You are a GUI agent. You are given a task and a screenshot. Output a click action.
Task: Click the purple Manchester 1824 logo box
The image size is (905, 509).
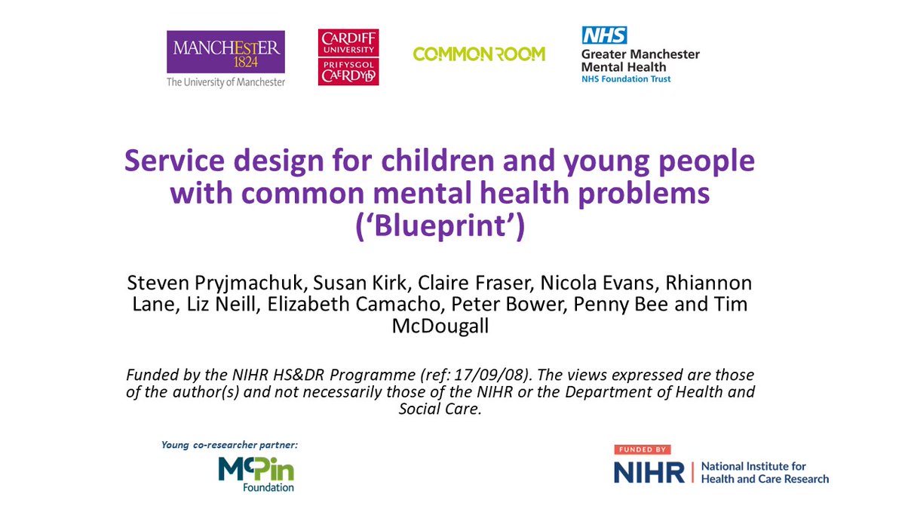[x=226, y=51]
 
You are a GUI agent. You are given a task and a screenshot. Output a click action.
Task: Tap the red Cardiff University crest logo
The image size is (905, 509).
[x=348, y=57]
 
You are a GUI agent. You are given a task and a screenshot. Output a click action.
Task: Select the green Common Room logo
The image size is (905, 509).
[x=479, y=54]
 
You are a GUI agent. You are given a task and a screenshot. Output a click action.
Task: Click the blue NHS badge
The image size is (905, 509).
[x=603, y=35]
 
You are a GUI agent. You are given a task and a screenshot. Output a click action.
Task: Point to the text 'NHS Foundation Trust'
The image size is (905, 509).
[x=625, y=78]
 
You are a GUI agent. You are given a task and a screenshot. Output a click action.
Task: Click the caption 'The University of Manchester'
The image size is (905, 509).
[x=226, y=82]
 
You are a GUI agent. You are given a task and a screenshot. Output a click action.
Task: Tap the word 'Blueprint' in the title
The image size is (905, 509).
[x=440, y=226]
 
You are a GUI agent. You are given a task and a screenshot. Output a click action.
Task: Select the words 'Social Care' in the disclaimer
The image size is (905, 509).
[x=440, y=408]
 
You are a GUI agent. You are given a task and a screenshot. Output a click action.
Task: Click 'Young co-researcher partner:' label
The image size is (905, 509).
[x=229, y=444]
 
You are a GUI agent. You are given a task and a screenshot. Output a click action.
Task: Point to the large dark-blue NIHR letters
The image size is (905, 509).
[x=649, y=473]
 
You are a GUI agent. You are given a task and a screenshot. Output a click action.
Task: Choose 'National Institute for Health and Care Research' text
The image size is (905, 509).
[x=764, y=473]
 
